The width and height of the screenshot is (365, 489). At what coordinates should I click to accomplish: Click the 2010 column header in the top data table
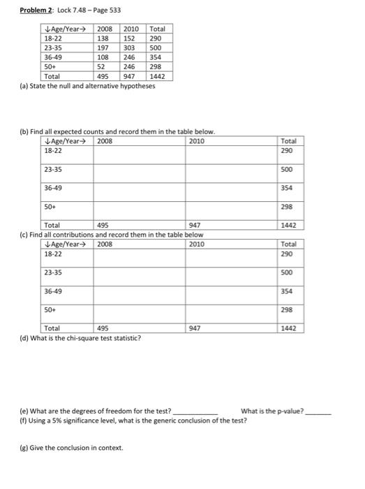pos(131,29)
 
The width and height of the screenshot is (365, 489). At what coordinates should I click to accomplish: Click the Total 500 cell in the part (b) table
pos(288,169)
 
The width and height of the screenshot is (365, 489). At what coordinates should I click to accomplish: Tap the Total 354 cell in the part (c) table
pos(288,291)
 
